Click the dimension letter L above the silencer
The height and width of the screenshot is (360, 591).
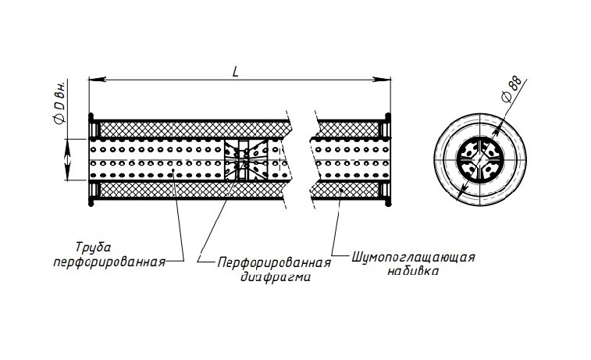pos(236,72)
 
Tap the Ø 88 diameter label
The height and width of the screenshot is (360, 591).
pos(512,89)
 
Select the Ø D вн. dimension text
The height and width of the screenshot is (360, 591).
pos(60,102)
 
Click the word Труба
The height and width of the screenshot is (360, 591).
pos(94,248)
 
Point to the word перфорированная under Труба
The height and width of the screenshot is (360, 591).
pos(109,262)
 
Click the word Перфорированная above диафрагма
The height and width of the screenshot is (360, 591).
pos(274,262)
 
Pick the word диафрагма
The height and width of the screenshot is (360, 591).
pos(276,277)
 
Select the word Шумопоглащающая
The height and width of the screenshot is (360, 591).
pos(414,258)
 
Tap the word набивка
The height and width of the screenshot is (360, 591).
pos(413,272)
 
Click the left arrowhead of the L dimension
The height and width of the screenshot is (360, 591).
pos(97,80)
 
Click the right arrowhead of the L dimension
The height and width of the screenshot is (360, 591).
pos(383,80)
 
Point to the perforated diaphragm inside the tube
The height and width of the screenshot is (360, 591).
pos(246,160)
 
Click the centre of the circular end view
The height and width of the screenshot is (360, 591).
pos(480,159)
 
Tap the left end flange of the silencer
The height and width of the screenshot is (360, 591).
pos(91,159)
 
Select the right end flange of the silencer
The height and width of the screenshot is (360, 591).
pos(388,159)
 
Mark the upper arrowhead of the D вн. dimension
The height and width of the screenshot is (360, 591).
pos(67,148)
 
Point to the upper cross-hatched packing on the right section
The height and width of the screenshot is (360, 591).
pos(347,130)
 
